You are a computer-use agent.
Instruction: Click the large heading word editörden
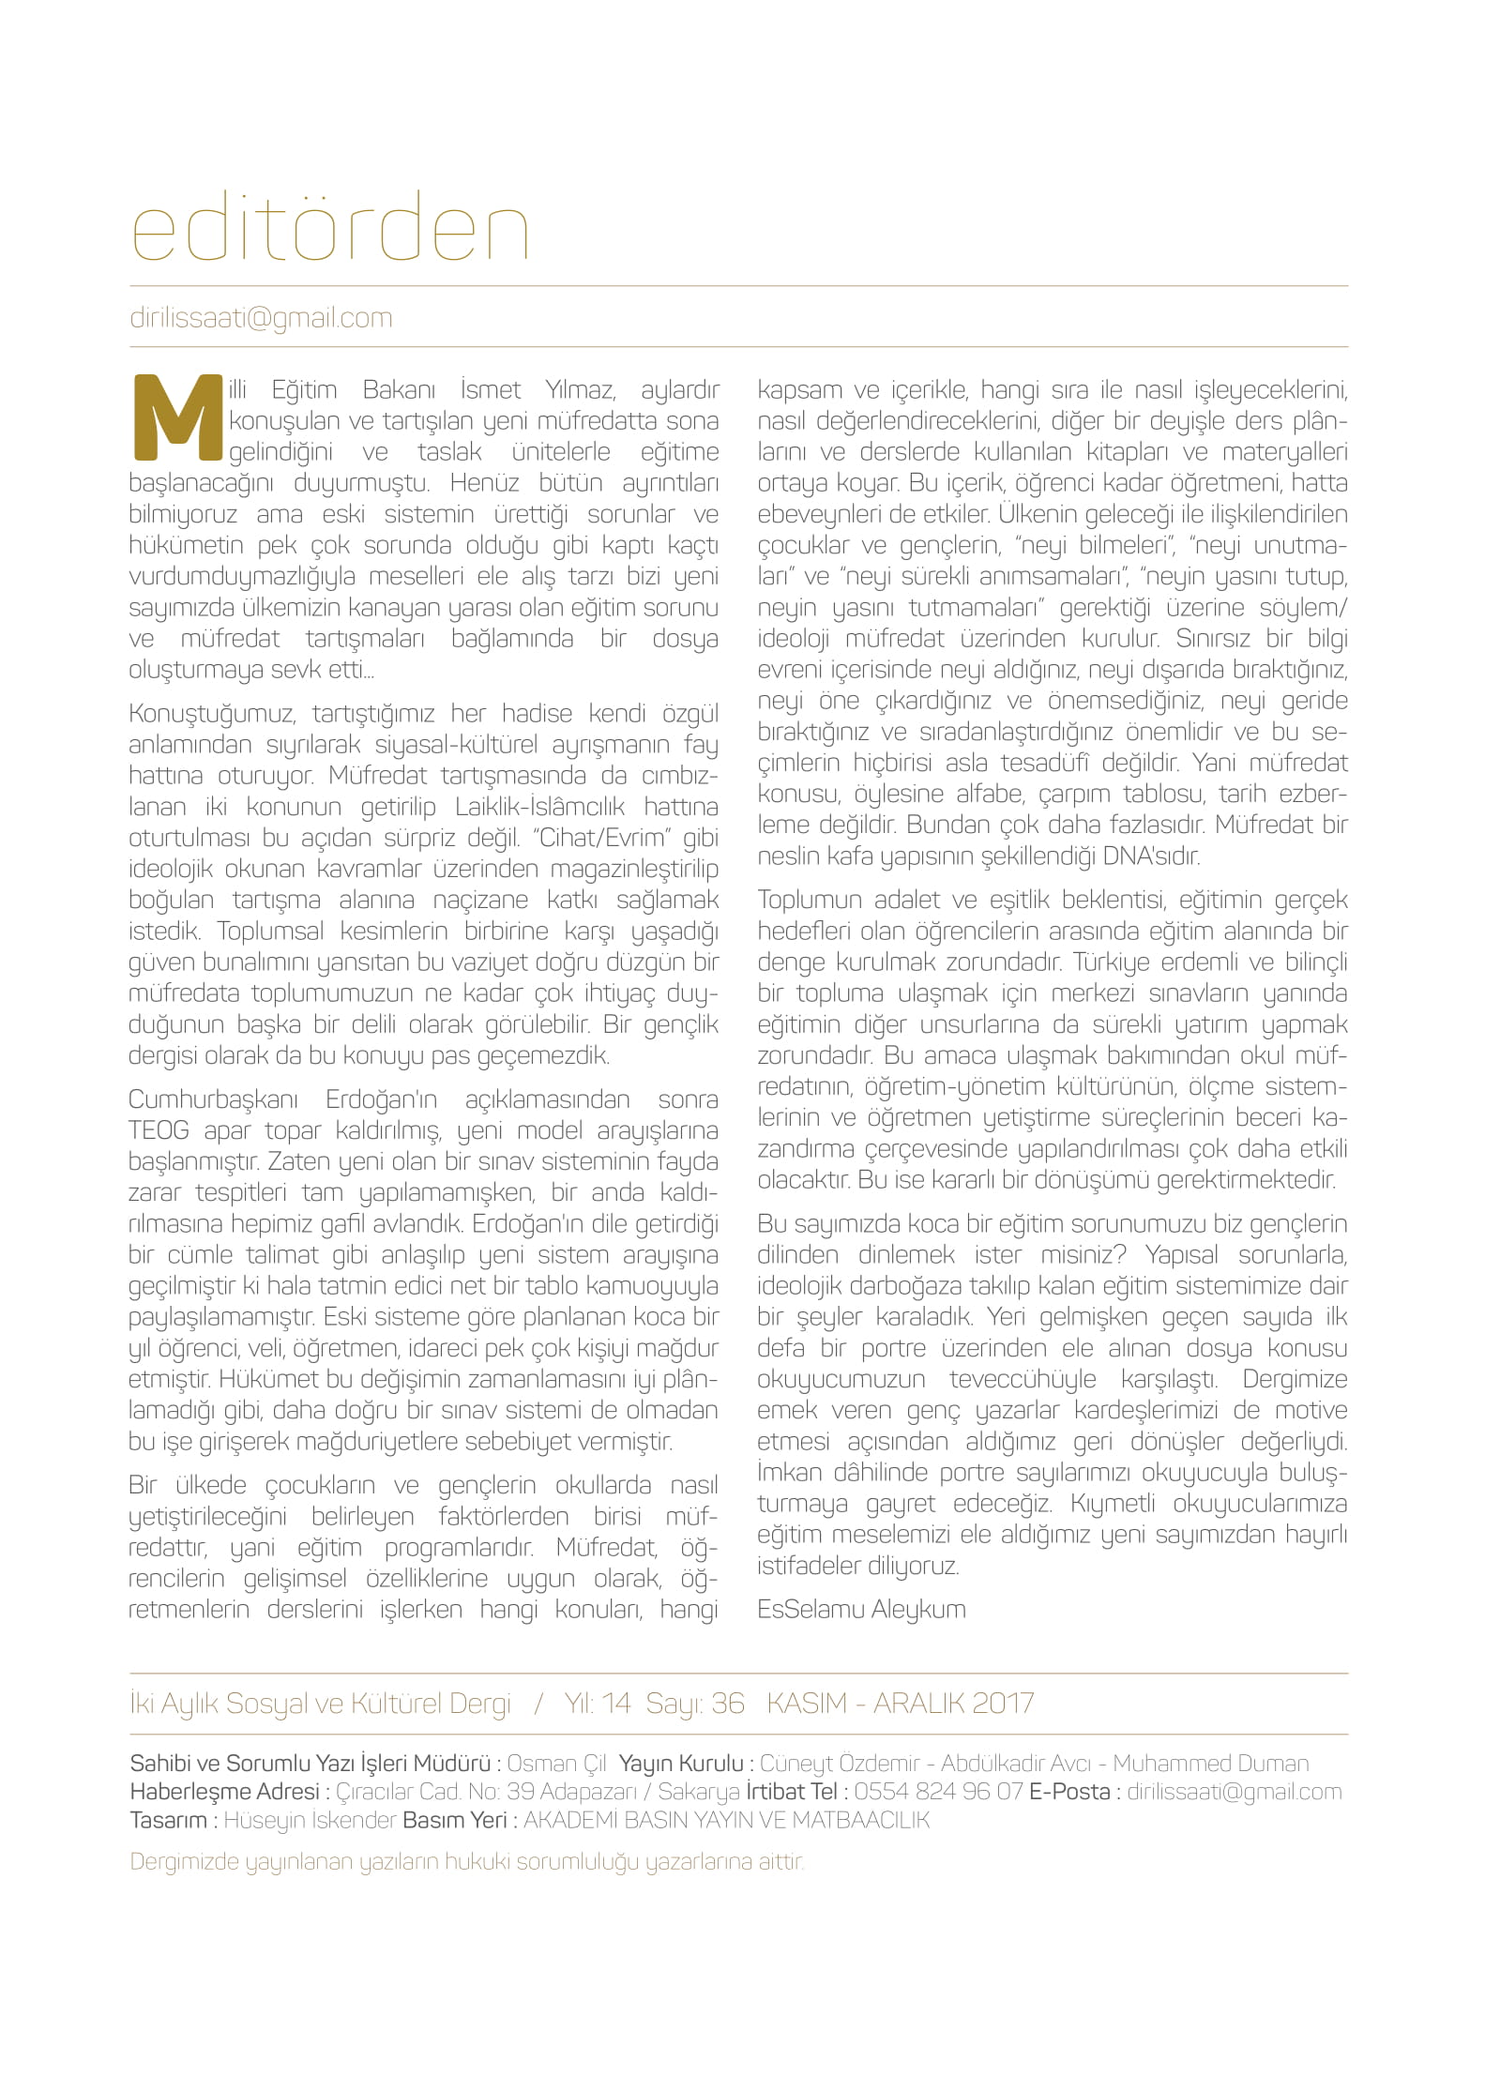click(330, 228)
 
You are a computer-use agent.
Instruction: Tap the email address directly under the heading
click(261, 318)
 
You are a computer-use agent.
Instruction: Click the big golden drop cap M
click(176, 418)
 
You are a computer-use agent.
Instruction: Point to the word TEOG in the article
click(159, 1129)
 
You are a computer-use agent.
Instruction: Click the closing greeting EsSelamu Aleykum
click(861, 1609)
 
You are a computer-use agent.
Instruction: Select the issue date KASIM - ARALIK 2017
click(900, 1703)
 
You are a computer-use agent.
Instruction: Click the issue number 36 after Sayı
click(727, 1703)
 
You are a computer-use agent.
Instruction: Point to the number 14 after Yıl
click(616, 1703)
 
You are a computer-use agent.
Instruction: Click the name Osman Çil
click(556, 1763)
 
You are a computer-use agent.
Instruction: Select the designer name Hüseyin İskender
click(310, 1820)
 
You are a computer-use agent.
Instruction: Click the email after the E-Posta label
click(1234, 1791)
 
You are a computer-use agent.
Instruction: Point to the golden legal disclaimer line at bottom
click(466, 1861)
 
